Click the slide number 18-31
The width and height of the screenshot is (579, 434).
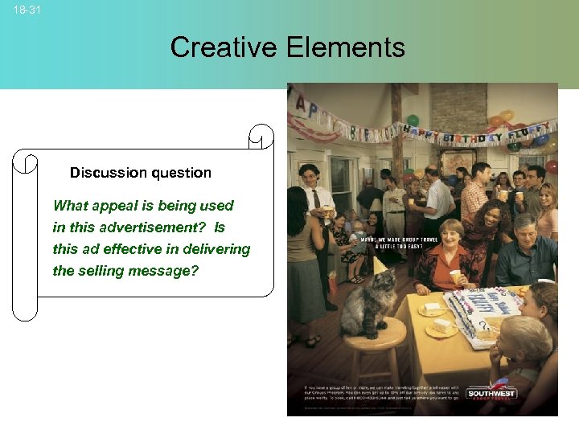pyautogui.click(x=27, y=10)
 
